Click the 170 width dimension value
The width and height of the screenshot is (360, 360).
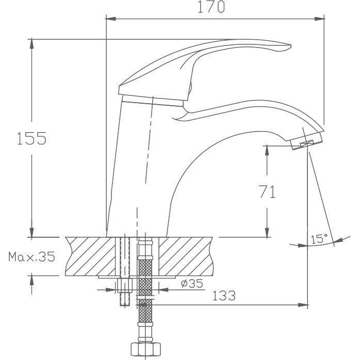[211, 7]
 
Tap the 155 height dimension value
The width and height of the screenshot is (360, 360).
[31, 138]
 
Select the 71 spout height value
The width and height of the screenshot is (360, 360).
[267, 192]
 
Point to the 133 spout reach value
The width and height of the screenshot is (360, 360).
[224, 296]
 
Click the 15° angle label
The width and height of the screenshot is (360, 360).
[319, 239]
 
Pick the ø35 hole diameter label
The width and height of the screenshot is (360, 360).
[192, 283]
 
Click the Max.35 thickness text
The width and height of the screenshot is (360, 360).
[31, 257]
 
